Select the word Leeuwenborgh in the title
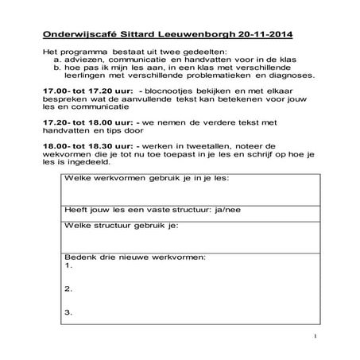[194, 37]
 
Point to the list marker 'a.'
[58, 60]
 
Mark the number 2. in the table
[68, 288]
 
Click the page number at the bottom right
[315, 336]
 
